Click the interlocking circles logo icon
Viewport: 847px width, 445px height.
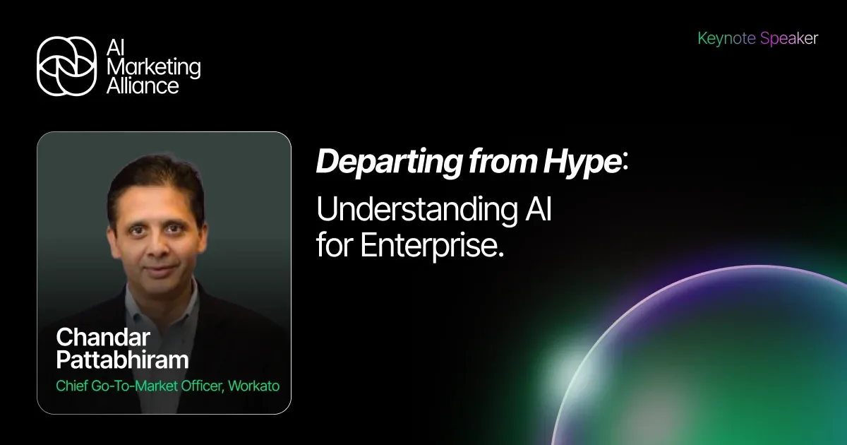[66, 66]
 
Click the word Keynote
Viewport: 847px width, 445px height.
[726, 39]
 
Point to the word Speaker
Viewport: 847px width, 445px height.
[788, 39]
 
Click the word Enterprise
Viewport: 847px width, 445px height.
[433, 246]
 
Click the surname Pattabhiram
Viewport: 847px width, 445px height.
[122, 360]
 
